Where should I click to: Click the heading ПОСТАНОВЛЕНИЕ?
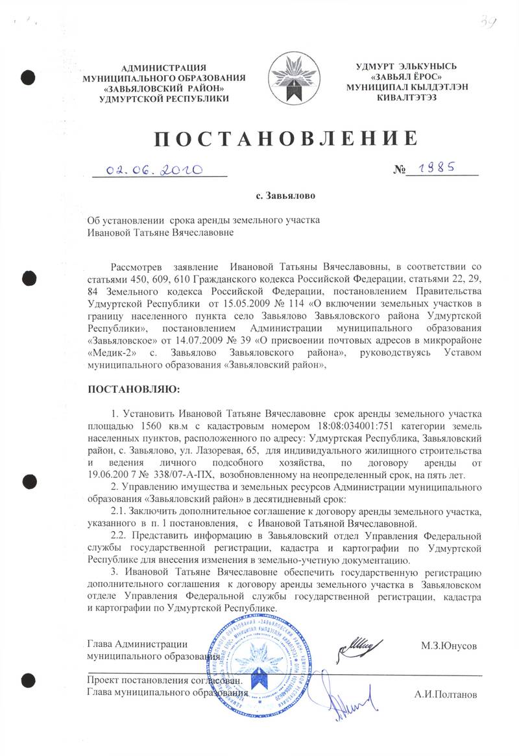[x=285, y=139]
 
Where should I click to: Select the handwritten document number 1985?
[x=440, y=168]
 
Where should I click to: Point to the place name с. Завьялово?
[x=285, y=195]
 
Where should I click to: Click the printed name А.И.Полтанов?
[x=445, y=694]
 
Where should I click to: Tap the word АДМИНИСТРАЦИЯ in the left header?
[x=164, y=68]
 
